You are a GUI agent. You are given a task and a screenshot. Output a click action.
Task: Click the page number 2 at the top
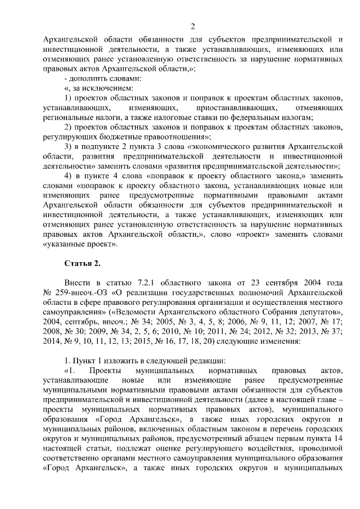pos(192,26)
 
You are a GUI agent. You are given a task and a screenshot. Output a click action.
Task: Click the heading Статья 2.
pos(83,263)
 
